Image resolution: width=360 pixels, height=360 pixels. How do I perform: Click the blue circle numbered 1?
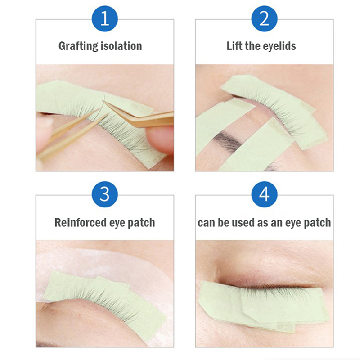105,19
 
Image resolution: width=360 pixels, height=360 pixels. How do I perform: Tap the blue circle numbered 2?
264,19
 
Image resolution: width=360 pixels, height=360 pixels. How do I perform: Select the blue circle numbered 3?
105,194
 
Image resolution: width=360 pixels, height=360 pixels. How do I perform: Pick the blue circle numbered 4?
264,194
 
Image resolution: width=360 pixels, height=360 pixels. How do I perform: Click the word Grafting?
76,46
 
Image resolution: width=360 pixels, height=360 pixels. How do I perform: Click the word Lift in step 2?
234,46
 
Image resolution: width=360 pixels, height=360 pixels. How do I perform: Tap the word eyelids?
279,46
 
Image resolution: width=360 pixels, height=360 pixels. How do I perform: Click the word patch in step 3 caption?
141,223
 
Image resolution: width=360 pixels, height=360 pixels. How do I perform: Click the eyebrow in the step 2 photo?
227,140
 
